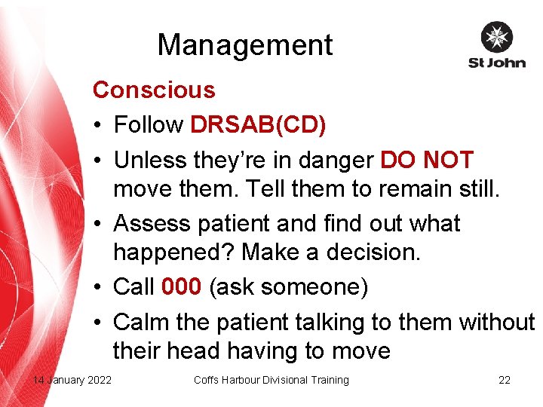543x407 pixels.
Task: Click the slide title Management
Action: pos(244,45)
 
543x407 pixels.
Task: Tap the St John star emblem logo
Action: pos(496,38)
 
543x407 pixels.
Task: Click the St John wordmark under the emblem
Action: pos(496,63)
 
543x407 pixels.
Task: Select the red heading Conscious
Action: pos(154,90)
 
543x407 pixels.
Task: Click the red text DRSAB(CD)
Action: pos(258,125)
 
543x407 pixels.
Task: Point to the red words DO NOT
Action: pos(427,160)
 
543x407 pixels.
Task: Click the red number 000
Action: pos(180,287)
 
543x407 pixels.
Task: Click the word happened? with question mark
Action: pos(173,253)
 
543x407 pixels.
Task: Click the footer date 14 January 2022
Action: pos(72,380)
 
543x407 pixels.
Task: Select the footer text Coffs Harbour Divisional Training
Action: pos(271,380)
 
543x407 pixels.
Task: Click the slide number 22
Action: pos(505,380)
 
